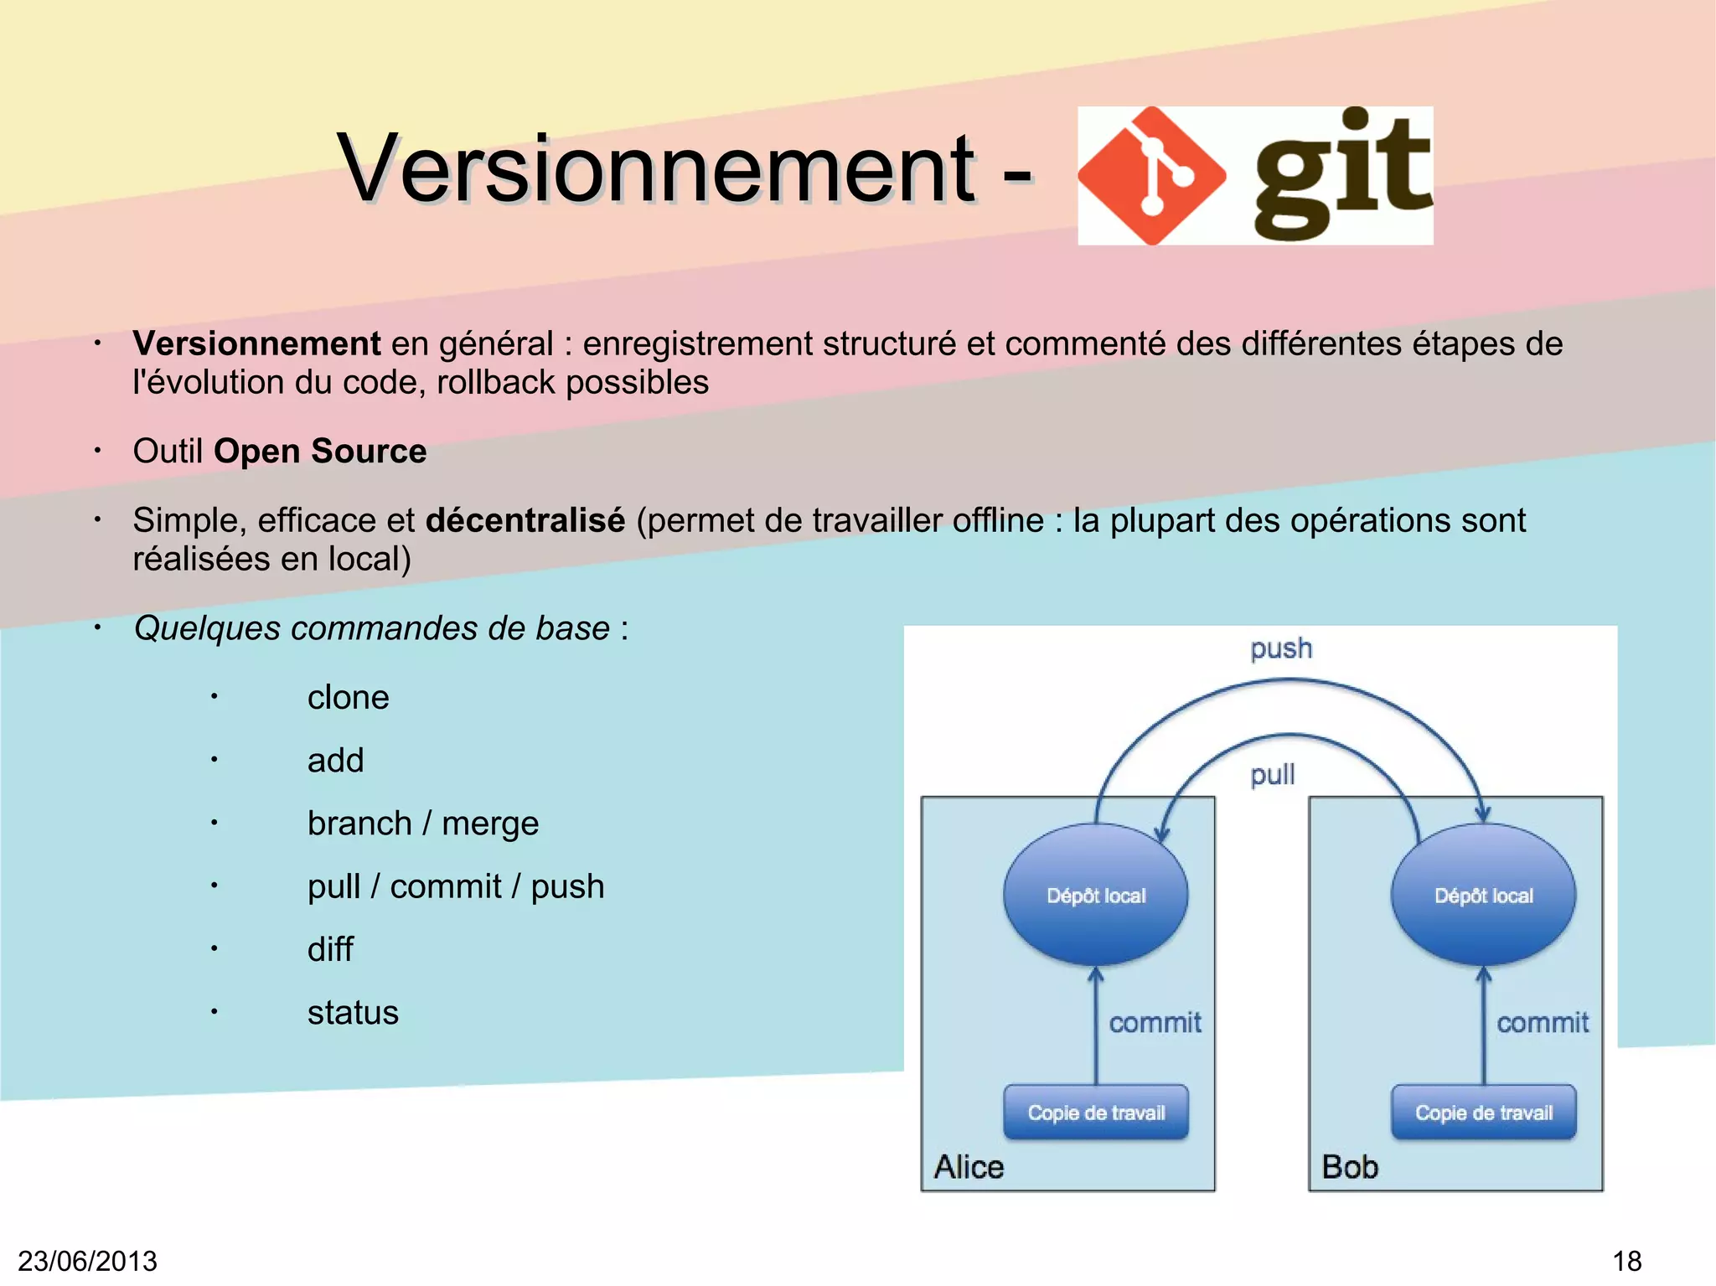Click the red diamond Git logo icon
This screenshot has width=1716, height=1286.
[x=1152, y=175]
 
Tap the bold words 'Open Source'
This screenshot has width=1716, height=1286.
[x=320, y=452]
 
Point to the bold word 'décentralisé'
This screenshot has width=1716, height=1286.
[x=525, y=520]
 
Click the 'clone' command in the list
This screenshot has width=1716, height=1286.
[x=348, y=698]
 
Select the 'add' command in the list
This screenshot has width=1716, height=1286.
[x=335, y=761]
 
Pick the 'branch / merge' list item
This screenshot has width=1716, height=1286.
[x=422, y=824]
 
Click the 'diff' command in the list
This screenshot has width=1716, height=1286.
[x=330, y=950]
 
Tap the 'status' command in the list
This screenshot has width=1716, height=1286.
[x=353, y=1013]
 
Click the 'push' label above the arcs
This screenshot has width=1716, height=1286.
[x=1281, y=648]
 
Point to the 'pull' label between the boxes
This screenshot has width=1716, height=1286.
[x=1272, y=775]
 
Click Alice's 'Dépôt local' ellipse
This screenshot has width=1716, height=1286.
[x=1096, y=895]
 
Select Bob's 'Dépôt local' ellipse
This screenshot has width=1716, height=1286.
[x=1483, y=895]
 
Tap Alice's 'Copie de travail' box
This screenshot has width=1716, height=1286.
[x=1096, y=1113]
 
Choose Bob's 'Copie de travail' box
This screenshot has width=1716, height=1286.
[x=1483, y=1113]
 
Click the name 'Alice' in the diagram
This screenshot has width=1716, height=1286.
[x=969, y=1167]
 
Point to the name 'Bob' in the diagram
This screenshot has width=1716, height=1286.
[x=1349, y=1167]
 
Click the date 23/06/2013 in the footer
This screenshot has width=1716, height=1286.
[x=88, y=1261]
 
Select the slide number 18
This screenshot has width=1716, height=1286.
[x=1626, y=1261]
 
